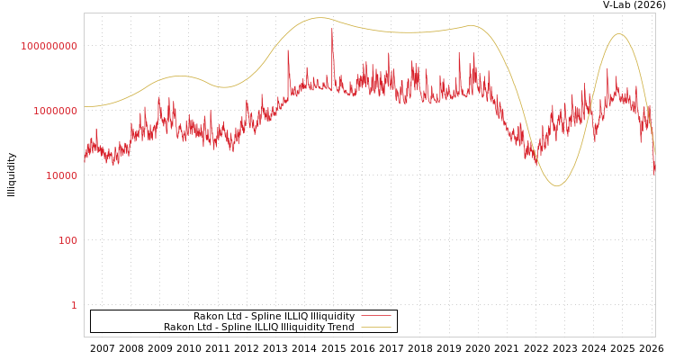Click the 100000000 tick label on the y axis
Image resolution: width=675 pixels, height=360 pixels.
(49, 46)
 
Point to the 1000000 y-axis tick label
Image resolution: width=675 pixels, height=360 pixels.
(55, 111)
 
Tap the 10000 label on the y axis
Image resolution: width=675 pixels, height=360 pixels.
(61, 175)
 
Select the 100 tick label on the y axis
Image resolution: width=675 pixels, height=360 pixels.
(67, 240)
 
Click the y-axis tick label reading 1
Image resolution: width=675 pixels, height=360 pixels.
(74, 305)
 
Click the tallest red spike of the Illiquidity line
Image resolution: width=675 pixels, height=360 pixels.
(331, 29)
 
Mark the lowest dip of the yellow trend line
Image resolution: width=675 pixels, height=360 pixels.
(556, 186)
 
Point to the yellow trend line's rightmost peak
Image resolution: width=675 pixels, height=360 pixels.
(618, 34)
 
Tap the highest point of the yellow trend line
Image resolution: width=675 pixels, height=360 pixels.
(319, 18)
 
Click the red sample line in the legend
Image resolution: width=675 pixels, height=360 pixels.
(375, 317)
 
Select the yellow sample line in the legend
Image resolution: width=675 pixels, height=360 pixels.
(375, 328)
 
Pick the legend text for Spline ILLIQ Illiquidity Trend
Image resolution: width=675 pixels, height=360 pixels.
(258, 328)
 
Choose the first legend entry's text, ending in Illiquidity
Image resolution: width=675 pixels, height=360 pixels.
(274, 317)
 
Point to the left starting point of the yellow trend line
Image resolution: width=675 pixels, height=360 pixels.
(85, 106)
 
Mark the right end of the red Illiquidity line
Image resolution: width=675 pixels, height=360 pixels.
(654, 173)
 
